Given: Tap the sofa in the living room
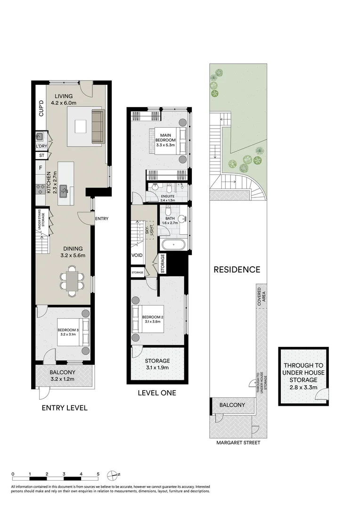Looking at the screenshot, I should pyautogui.click(x=97, y=126).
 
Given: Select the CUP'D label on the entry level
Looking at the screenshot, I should pyautogui.click(x=41, y=108).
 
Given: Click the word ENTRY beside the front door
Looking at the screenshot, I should pyautogui.click(x=101, y=219).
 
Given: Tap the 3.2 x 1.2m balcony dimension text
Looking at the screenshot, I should pyautogui.click(x=63, y=378).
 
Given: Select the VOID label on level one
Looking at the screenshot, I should pyautogui.click(x=137, y=255).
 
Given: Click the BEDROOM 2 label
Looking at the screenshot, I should pyautogui.click(x=152, y=317).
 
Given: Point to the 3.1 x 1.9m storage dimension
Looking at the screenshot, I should pyautogui.click(x=157, y=368).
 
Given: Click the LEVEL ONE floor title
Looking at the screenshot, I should pyautogui.click(x=156, y=393).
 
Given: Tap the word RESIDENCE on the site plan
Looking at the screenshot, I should pyautogui.click(x=237, y=270).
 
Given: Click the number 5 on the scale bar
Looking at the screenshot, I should pyautogui.click(x=98, y=474).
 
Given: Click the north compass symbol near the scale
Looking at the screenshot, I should pyautogui.click(x=113, y=475).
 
